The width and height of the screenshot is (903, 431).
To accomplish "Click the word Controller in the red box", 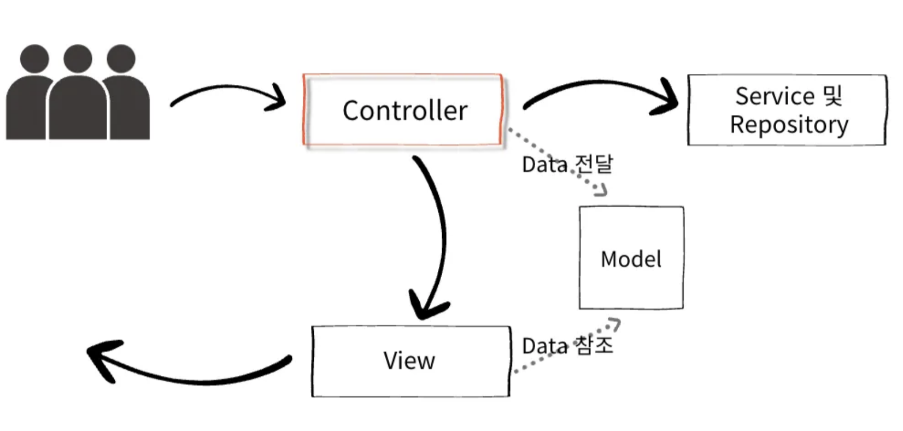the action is [x=405, y=110].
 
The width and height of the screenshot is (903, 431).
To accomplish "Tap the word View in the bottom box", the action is [x=409, y=360].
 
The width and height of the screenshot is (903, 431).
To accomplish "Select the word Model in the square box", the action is [x=631, y=259].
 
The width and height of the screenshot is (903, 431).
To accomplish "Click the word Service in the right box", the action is [x=775, y=96].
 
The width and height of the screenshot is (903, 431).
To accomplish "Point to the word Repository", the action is [x=789, y=125].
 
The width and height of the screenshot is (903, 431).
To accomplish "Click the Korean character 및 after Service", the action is [x=833, y=96].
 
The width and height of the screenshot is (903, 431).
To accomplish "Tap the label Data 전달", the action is [x=567, y=164].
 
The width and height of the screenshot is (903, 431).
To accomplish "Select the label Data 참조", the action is [x=567, y=346].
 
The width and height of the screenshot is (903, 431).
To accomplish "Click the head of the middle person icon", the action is [x=78, y=59].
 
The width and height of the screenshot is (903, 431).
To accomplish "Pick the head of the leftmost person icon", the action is [x=34, y=59].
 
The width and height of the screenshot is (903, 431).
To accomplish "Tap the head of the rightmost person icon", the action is [x=121, y=59].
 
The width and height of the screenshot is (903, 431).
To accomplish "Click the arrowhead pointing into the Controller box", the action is [x=277, y=98].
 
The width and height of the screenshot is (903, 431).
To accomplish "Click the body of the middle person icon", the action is [x=78, y=109].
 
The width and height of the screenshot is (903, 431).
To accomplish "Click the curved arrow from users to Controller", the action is [x=228, y=86].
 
